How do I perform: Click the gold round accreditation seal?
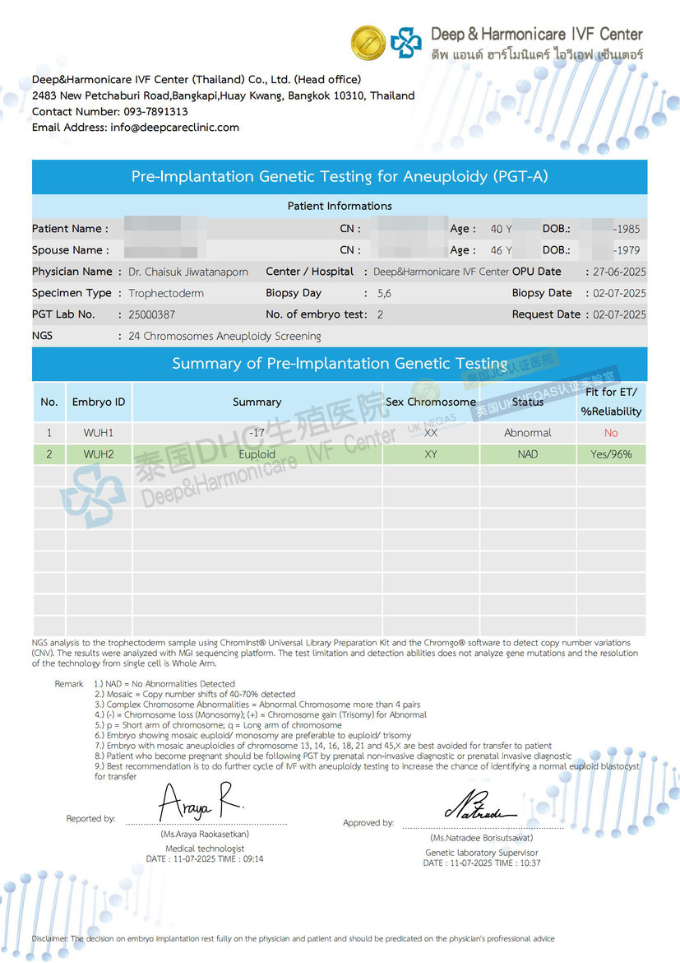(x=368, y=42)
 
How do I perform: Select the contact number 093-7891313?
(x=155, y=111)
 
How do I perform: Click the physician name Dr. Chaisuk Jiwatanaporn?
(x=188, y=272)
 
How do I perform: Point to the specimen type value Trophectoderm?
(x=166, y=293)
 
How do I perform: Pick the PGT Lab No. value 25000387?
(x=152, y=314)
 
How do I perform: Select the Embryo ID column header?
(x=99, y=402)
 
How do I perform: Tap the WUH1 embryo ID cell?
(x=99, y=433)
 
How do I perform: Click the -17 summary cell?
(x=257, y=433)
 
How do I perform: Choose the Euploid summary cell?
(x=257, y=454)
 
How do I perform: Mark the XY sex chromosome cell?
(x=431, y=454)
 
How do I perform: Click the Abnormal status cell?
(x=528, y=433)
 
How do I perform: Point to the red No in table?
(x=611, y=433)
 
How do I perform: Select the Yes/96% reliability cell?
(x=611, y=454)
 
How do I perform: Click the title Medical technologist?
(x=205, y=849)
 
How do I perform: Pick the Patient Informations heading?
(x=340, y=206)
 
